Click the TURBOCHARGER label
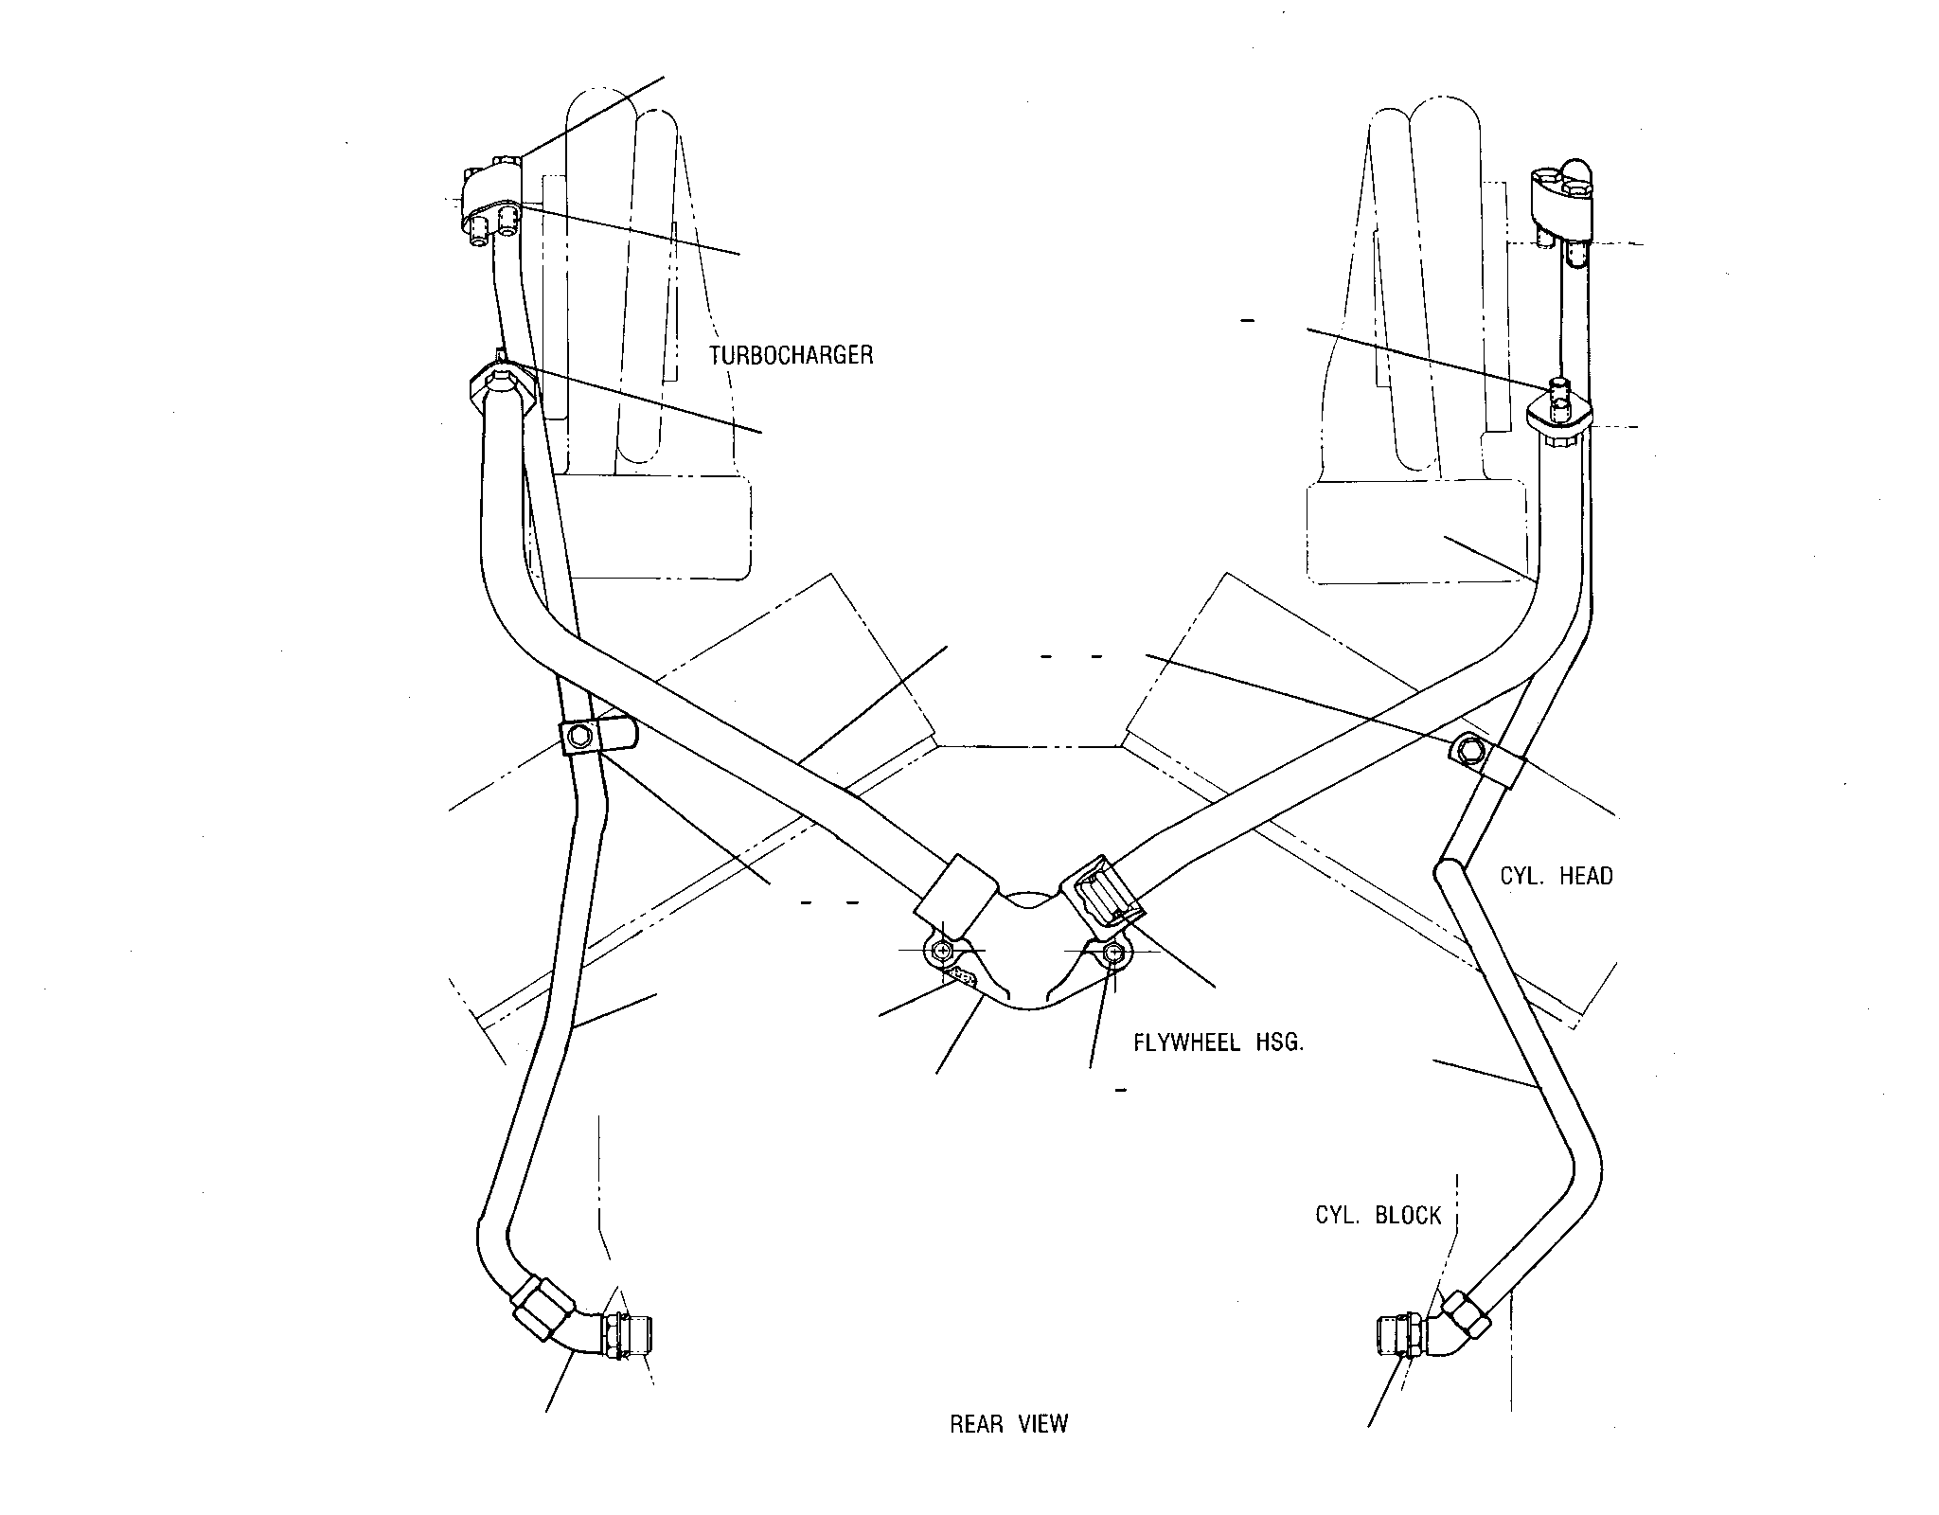coord(791,356)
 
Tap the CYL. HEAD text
coord(1557,876)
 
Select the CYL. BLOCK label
coord(1379,1215)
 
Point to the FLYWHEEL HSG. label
coord(1219,1043)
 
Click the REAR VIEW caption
coord(1009,1451)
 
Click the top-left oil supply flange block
coord(492,204)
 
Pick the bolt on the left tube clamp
coord(580,736)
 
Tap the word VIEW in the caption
coord(1043,1451)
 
